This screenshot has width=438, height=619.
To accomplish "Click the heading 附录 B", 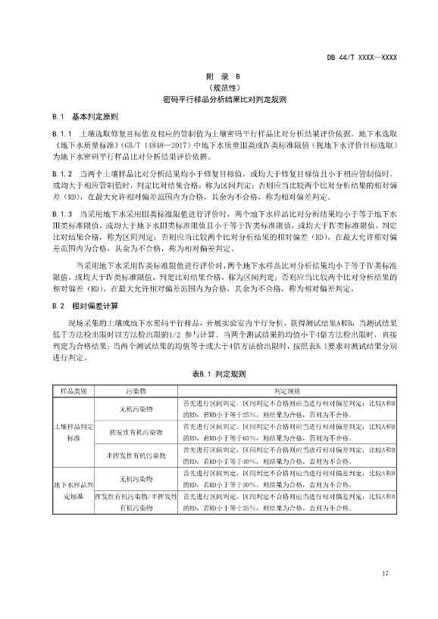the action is pos(219,76).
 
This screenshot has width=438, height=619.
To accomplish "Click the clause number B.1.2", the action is pos(61,173).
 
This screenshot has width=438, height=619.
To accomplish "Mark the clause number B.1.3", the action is pos(61,214).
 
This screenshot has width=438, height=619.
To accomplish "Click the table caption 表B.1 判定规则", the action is pos(219,374).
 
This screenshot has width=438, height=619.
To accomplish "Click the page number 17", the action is pos(385,574).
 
